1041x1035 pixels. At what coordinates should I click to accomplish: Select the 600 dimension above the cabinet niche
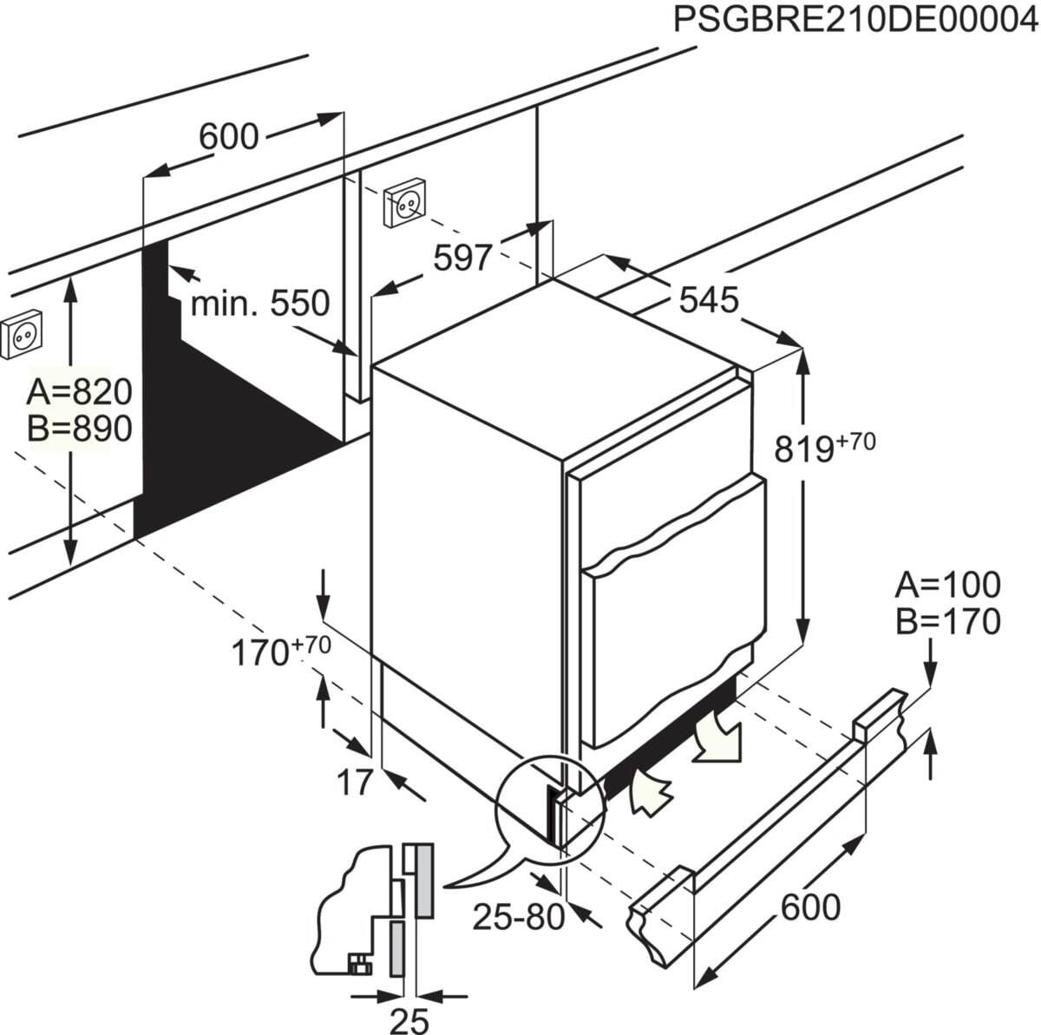click(x=228, y=136)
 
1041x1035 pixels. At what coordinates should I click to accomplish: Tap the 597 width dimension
click(x=462, y=258)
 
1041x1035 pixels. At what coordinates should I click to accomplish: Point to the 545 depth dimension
click(x=708, y=300)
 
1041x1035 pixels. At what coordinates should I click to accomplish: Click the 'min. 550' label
click(x=260, y=304)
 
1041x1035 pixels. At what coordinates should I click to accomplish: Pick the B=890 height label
click(x=79, y=429)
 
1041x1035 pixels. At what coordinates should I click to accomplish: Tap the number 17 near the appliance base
click(x=355, y=782)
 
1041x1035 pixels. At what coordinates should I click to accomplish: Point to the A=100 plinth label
click(x=947, y=586)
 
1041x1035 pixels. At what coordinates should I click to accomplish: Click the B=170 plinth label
click(x=947, y=621)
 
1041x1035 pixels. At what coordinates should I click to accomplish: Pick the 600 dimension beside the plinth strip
click(x=810, y=907)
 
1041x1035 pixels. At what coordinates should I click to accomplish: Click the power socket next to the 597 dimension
click(x=405, y=204)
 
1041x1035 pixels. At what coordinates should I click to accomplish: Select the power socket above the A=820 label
click(x=22, y=335)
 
